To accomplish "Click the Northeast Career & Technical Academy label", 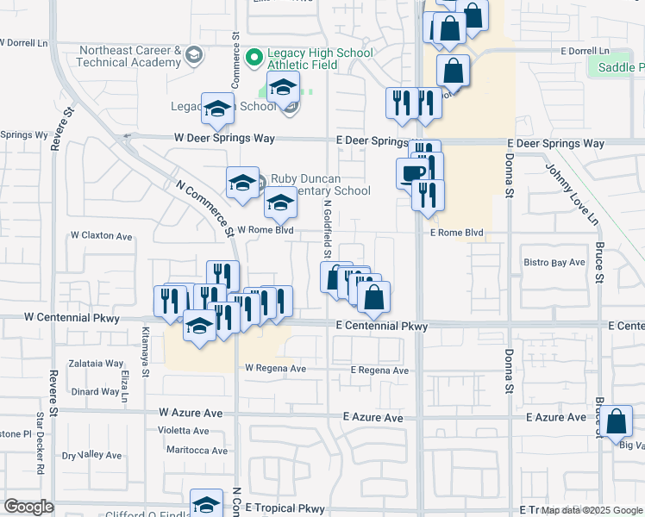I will [128, 57].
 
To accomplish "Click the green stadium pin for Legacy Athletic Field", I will [254, 58].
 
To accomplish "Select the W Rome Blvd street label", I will [266, 230].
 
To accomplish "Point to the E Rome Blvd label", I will [456, 234].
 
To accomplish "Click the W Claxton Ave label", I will [102, 235].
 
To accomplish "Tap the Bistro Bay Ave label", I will [554, 262].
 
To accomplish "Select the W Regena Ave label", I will [275, 368].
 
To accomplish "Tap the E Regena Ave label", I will [379, 371].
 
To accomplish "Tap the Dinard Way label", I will [96, 391].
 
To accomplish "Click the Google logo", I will [28, 507].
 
